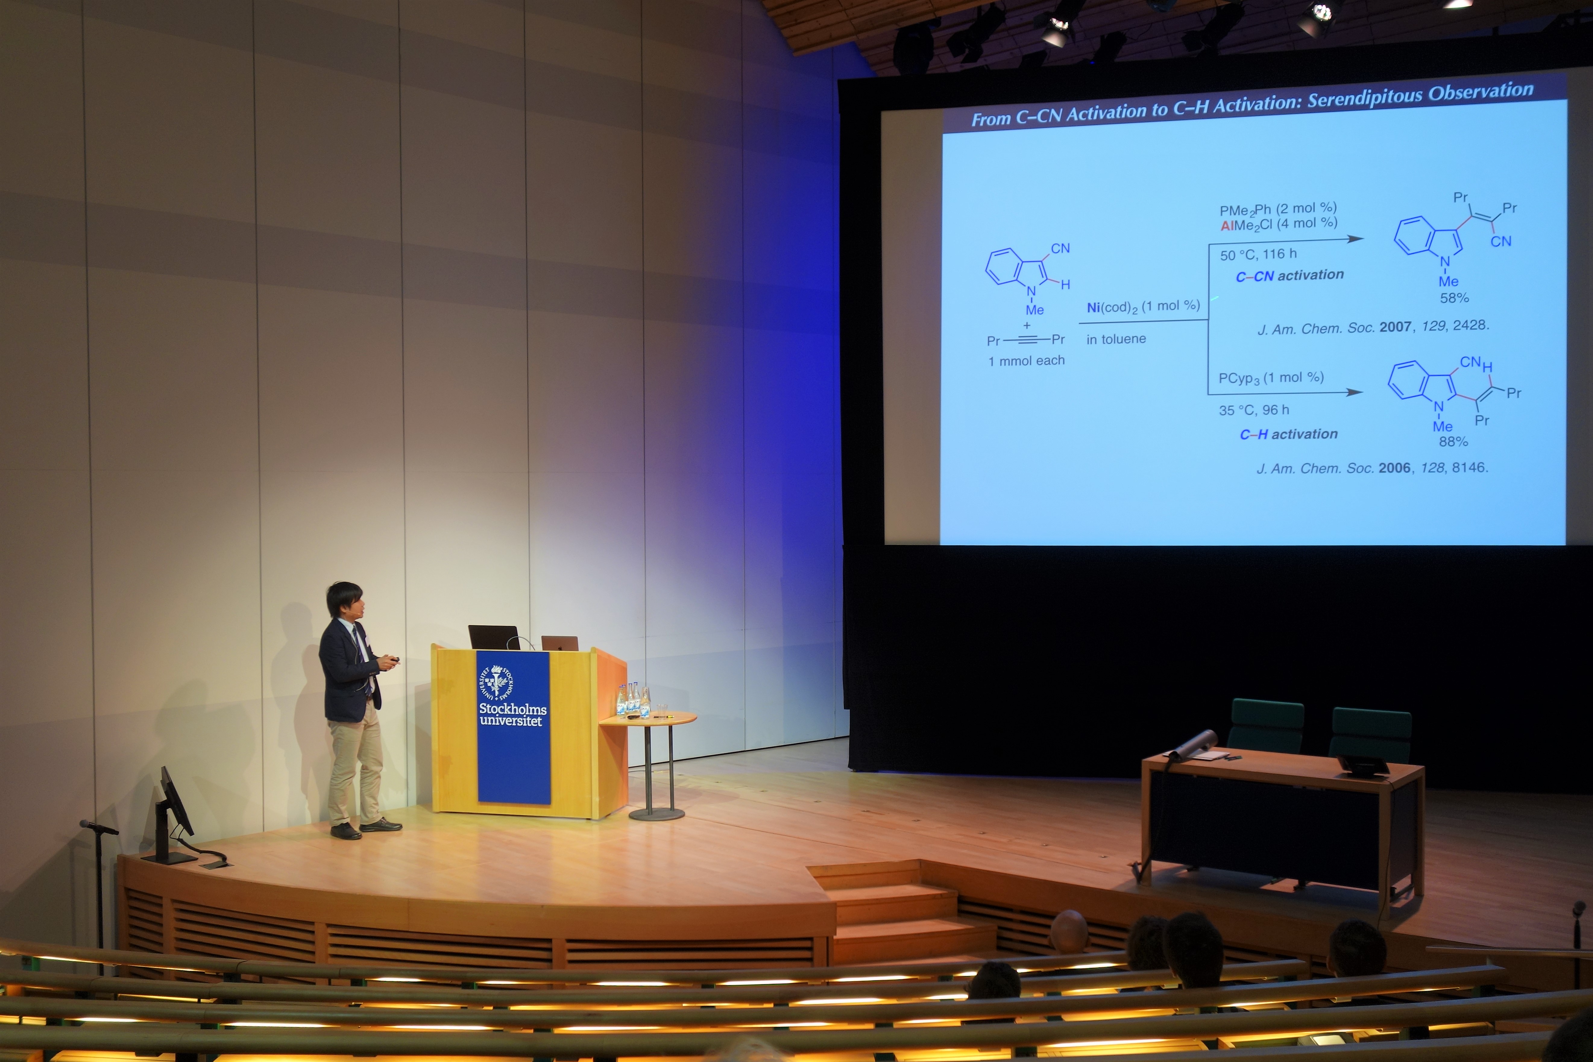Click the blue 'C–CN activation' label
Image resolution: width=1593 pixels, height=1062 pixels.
coord(1289,275)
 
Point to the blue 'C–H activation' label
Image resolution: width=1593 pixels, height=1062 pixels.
coord(1288,434)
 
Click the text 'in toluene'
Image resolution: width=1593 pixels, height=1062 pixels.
coord(1116,339)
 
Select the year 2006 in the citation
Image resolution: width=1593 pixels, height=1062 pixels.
coord(1395,468)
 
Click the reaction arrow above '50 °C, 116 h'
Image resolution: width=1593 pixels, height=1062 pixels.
coord(1286,241)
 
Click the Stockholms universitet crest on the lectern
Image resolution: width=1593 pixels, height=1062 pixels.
coord(496,682)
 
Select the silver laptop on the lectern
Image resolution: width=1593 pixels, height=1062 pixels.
coord(559,643)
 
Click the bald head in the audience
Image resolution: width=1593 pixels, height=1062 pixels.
coord(1068,932)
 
